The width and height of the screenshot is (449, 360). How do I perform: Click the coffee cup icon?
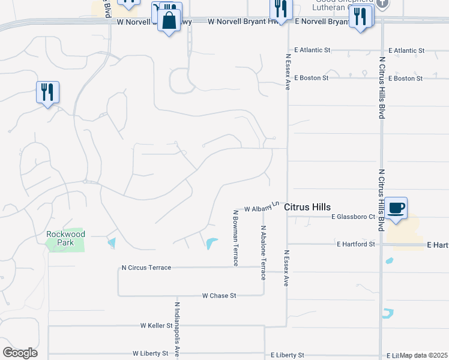396,208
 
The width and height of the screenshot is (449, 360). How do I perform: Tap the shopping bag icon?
169,20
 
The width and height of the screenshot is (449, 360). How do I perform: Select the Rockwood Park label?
66,238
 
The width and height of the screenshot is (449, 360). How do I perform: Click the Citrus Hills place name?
307,207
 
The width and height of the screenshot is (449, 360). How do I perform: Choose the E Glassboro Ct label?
353,217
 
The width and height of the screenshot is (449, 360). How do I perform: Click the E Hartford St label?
356,244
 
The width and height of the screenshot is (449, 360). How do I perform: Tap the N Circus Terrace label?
146,268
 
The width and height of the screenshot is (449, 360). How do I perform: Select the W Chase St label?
219,296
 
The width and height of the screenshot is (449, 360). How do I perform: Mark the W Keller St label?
157,325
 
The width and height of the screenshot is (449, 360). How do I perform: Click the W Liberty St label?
151,353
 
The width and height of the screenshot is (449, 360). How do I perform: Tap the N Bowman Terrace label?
235,238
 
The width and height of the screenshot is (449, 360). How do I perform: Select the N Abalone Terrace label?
263,253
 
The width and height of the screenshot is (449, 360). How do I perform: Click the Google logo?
20,353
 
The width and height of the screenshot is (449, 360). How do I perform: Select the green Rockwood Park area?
65,244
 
